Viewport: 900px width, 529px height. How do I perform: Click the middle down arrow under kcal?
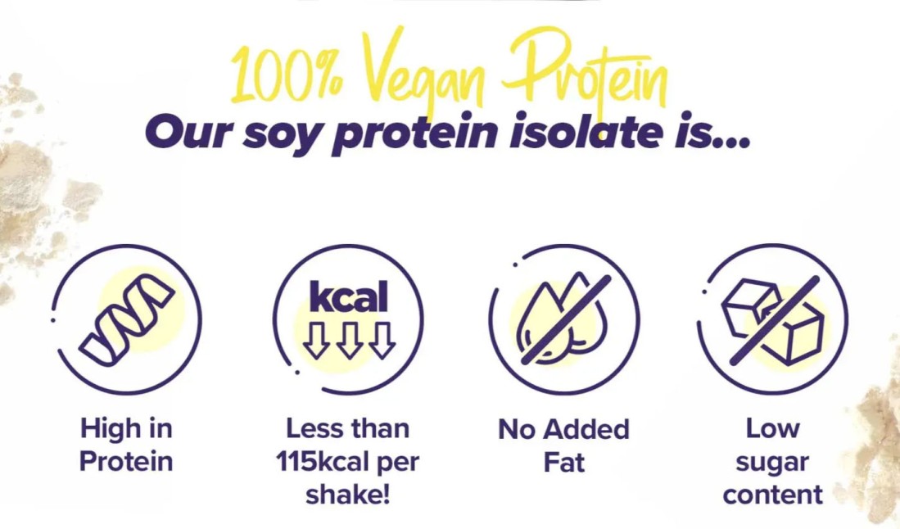click(x=349, y=339)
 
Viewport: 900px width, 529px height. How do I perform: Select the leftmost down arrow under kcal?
click(x=316, y=339)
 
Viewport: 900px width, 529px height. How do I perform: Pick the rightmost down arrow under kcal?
click(x=382, y=339)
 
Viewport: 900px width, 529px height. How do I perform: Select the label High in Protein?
click(x=126, y=444)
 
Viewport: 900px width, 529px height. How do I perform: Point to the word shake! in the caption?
click(x=348, y=495)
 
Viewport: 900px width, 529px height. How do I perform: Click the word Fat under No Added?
click(x=563, y=462)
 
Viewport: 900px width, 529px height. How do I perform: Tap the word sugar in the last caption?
click(x=772, y=462)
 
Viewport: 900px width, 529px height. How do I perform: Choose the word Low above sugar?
click(x=772, y=428)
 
